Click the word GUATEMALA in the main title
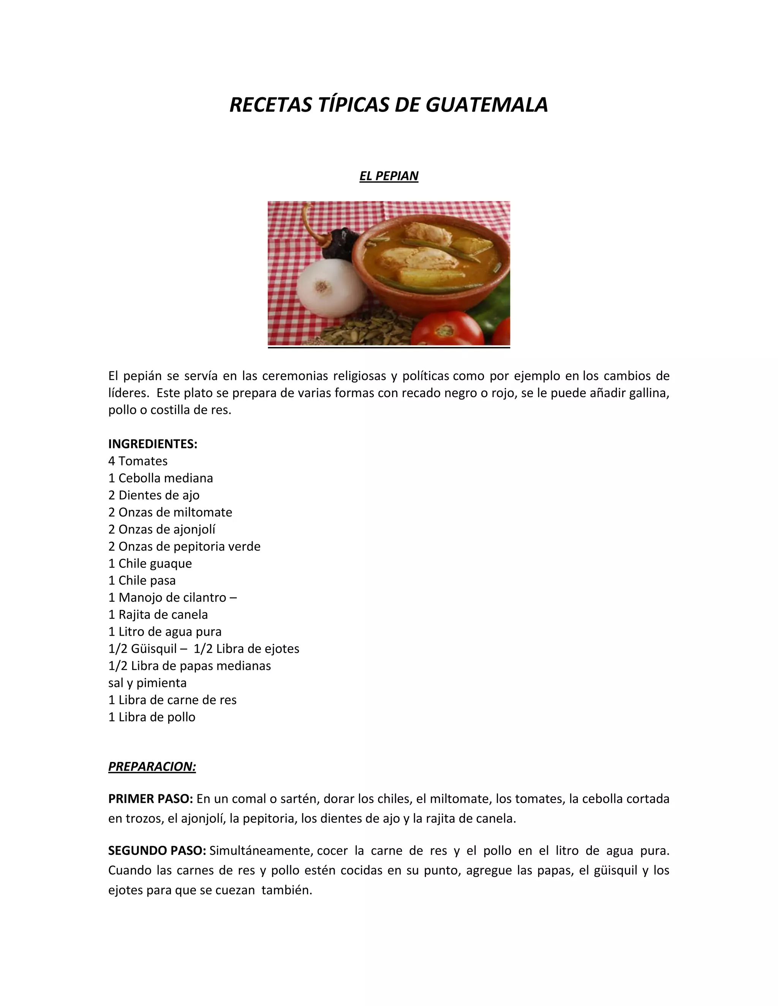coord(486,105)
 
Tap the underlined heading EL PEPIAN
coord(389,176)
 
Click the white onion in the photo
coord(326,288)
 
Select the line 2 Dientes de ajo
coord(153,495)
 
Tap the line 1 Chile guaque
coord(150,563)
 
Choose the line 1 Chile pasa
coord(142,580)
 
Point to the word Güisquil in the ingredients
coord(153,648)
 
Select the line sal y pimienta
coord(147,682)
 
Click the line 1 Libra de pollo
coord(152,716)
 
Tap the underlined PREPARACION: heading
coord(152,766)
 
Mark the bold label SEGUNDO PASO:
coord(157,850)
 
